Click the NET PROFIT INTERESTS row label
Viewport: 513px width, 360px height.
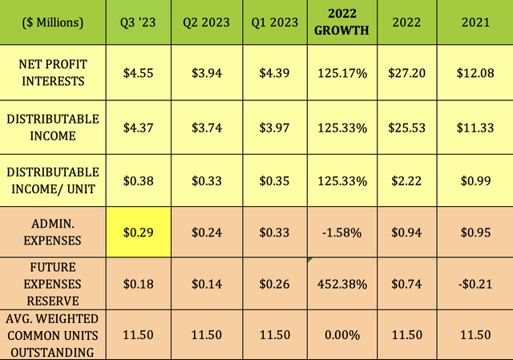(53, 73)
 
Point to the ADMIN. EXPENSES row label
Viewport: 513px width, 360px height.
(53, 232)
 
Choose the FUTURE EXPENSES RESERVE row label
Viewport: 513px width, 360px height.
(53, 282)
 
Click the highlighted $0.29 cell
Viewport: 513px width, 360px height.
(137, 232)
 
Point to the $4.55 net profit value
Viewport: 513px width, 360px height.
(137, 73)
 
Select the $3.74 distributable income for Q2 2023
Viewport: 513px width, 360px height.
(206, 127)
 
